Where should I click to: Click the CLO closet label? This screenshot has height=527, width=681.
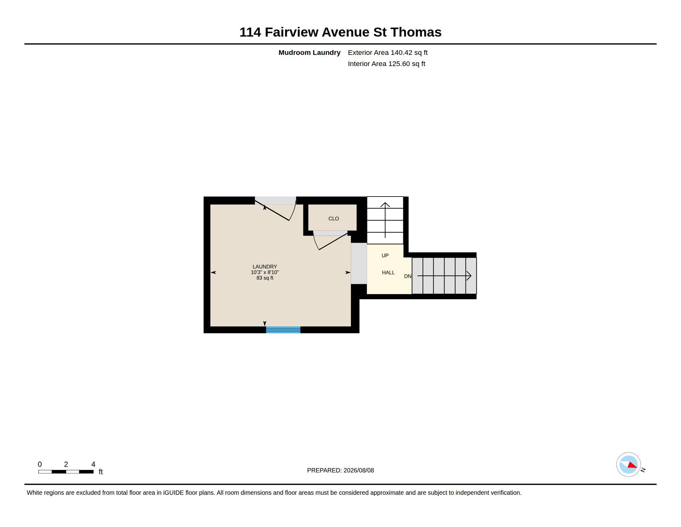(x=333, y=219)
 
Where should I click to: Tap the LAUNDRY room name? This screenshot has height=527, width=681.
(x=265, y=267)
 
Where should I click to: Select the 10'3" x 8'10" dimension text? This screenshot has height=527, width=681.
(x=265, y=272)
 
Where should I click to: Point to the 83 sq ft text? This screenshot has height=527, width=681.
(x=265, y=278)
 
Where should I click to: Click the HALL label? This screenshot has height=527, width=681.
(x=388, y=272)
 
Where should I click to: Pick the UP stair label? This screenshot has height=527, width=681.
(x=385, y=255)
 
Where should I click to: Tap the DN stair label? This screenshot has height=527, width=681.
(x=408, y=276)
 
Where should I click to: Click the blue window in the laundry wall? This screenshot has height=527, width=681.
(x=283, y=330)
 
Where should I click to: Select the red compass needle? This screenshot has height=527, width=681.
(x=632, y=465)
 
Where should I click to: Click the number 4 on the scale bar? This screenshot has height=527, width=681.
(x=93, y=464)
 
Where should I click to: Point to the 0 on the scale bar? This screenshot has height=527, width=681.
(x=40, y=464)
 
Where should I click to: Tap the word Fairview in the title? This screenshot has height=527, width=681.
(x=292, y=32)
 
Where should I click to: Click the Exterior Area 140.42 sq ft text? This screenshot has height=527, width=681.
(x=388, y=52)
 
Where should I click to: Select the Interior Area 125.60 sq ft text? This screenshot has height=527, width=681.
(x=386, y=64)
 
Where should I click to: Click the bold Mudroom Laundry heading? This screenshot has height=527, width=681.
(x=309, y=52)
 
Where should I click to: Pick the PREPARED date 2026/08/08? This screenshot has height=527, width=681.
(x=358, y=470)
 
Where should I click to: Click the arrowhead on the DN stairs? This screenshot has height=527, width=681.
(x=469, y=276)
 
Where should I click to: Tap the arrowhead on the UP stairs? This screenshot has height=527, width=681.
(x=385, y=205)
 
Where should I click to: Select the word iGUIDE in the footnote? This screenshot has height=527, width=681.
(x=173, y=493)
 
